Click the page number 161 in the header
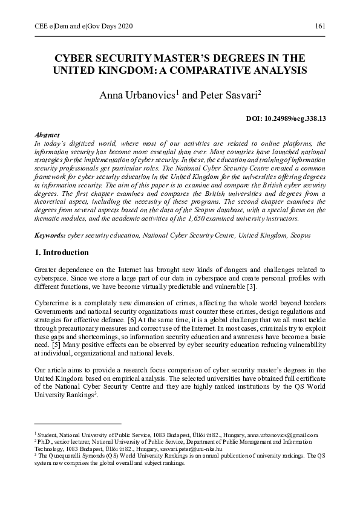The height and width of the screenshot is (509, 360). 320,27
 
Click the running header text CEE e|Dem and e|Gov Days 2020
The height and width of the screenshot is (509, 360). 76,27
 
